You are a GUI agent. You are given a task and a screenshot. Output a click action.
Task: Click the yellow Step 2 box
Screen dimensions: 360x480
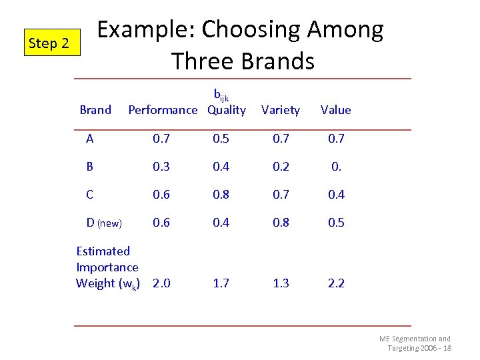(x=49, y=43)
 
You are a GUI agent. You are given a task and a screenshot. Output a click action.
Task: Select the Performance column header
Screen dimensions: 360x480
(x=163, y=110)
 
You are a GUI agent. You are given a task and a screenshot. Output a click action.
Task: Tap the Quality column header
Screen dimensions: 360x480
(x=226, y=110)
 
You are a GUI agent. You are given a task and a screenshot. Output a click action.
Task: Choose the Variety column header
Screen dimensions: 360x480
(x=281, y=110)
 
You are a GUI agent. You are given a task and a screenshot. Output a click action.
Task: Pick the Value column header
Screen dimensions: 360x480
(x=335, y=110)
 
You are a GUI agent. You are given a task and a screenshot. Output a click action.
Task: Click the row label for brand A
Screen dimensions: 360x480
(x=90, y=139)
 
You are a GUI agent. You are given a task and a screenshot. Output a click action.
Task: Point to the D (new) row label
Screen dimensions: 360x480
(x=104, y=223)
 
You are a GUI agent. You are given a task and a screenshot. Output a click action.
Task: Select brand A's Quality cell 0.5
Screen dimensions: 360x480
(x=221, y=139)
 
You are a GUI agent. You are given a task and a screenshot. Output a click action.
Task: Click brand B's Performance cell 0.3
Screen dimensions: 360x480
(x=161, y=167)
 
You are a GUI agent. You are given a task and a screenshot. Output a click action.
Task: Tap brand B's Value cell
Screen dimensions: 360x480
(x=336, y=167)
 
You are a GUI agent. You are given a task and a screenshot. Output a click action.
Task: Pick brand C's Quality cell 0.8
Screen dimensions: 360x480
(x=221, y=195)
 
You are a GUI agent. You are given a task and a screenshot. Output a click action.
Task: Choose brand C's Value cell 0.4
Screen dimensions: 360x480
(x=336, y=195)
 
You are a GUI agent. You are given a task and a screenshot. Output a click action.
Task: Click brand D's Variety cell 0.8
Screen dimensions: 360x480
(x=281, y=223)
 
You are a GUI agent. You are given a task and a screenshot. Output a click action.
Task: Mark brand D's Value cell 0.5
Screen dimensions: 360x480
(x=336, y=223)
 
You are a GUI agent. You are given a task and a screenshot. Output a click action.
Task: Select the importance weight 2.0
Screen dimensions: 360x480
(x=161, y=283)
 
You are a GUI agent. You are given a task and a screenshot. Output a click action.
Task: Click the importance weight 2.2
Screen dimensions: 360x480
(x=336, y=283)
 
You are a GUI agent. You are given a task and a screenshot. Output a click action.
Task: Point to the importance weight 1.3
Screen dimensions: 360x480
(x=281, y=283)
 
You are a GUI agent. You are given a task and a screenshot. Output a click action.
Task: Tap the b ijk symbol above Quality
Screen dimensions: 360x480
(x=221, y=95)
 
